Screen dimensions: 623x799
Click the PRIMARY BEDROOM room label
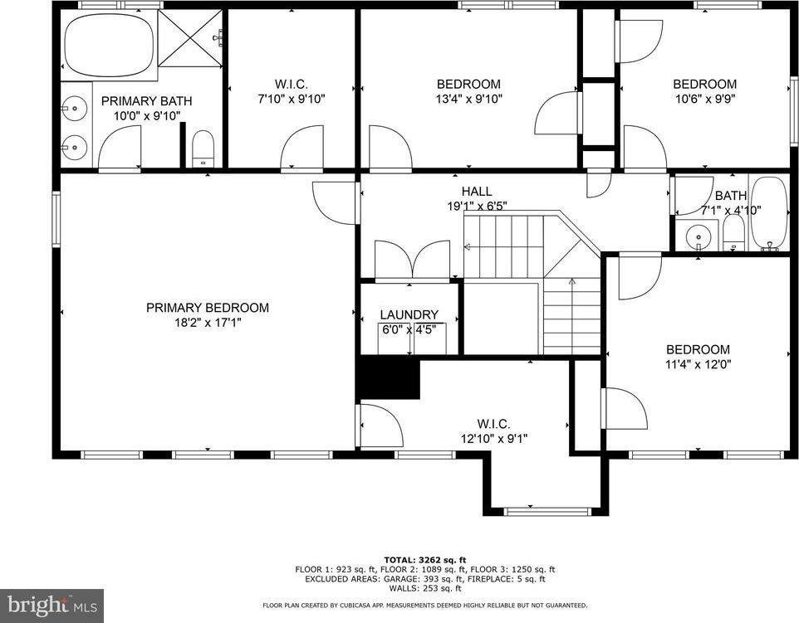pos(207,308)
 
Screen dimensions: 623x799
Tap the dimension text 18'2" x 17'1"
pos(207,323)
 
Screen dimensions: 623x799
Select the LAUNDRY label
pos(409,314)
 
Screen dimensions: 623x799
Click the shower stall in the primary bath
pos(190,37)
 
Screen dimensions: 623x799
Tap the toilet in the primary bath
pos(203,150)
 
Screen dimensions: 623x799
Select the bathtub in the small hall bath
pos(769,213)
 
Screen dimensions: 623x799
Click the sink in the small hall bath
pos(699,236)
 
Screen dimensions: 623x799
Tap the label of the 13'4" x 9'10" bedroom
pos(468,84)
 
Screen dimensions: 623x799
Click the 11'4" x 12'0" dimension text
pos(698,364)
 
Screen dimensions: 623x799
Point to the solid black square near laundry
pos(388,378)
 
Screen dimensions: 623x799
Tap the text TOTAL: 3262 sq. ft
pos(424,559)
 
